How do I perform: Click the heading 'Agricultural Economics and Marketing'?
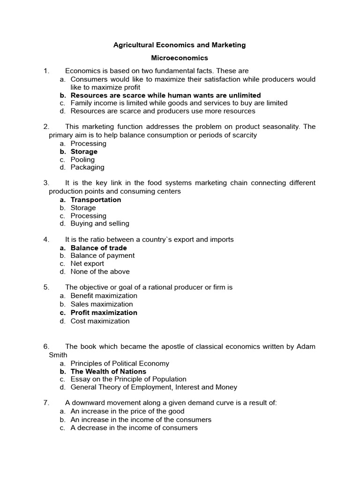(180, 45)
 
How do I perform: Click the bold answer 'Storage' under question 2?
(84, 151)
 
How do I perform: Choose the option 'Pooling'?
(82, 159)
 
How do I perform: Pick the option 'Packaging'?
(87, 167)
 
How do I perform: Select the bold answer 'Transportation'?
(96, 200)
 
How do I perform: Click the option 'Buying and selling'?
(100, 224)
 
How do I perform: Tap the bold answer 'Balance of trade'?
(98, 247)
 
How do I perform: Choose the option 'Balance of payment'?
(102, 255)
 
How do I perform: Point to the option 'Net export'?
(87, 263)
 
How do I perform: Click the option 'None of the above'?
(100, 271)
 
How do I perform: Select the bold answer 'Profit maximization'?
(104, 313)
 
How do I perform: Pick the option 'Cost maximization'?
(100, 321)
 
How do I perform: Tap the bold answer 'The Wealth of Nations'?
(108, 371)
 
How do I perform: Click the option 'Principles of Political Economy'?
(120, 363)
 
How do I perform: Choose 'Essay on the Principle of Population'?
(128, 379)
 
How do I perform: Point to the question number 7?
(46, 403)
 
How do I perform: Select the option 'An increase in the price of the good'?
(124, 411)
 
